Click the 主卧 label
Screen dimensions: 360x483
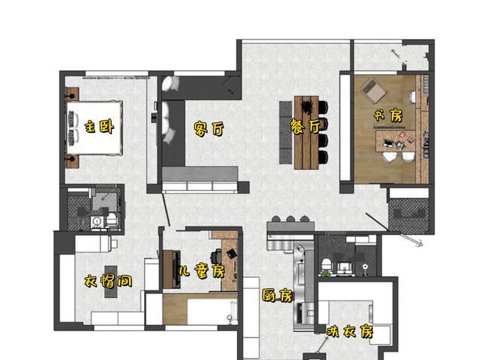coord(99,127)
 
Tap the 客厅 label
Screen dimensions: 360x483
coord(208,129)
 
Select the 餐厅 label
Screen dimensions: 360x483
coord(305,125)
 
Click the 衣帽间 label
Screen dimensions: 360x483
coord(108,282)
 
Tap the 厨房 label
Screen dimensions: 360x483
coord(277,296)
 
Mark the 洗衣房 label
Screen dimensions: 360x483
coord(349,331)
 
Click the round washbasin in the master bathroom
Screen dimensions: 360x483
coord(96,221)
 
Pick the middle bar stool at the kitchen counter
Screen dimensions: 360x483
coord(290,220)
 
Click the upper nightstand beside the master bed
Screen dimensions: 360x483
coord(72,95)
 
